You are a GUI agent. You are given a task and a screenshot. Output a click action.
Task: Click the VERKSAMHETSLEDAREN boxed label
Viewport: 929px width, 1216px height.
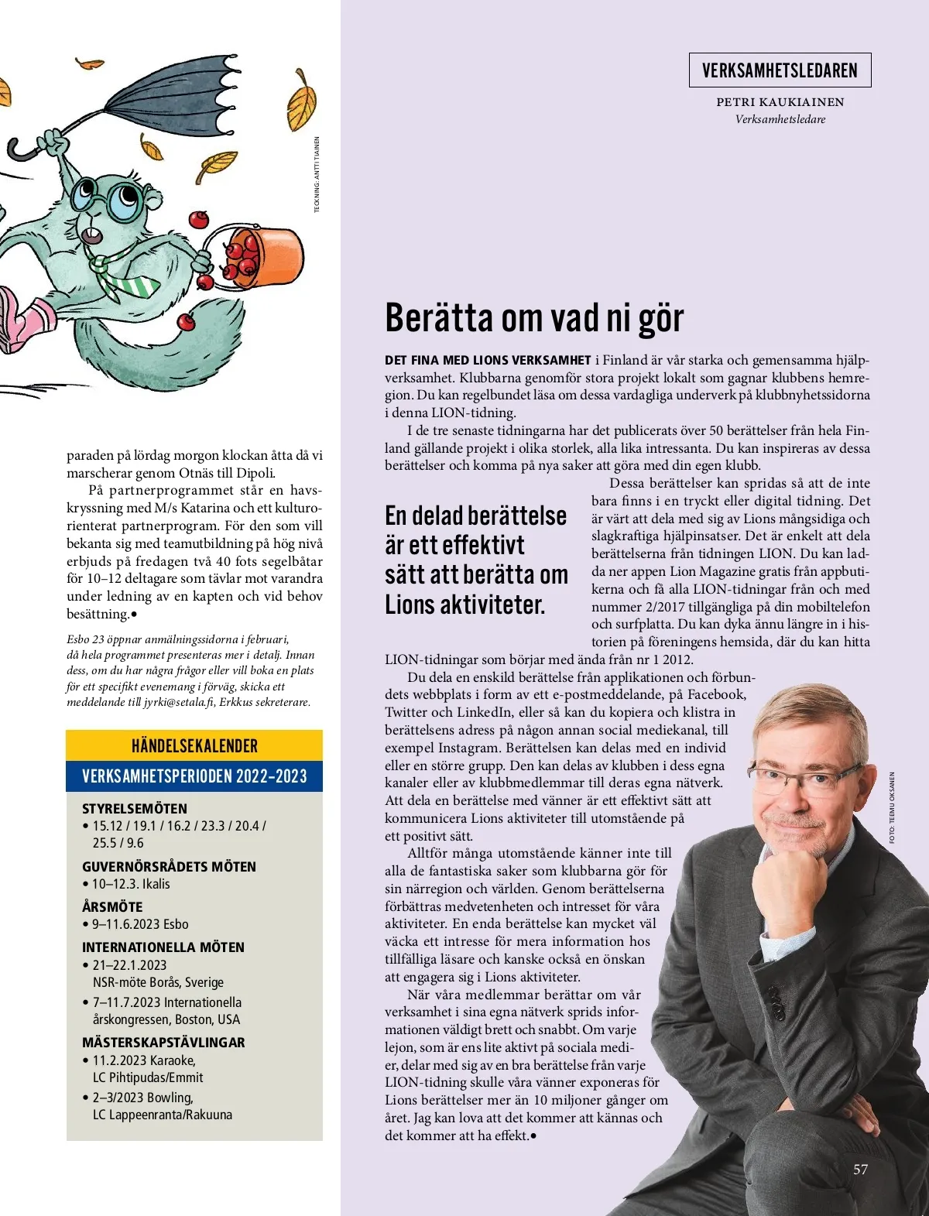(780, 70)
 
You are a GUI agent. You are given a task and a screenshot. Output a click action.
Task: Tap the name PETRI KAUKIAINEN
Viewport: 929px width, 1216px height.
(780, 101)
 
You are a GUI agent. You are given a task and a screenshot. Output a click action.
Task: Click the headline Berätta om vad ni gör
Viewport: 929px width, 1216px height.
(534, 317)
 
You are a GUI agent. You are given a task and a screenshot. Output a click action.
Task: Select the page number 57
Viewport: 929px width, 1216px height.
(860, 1169)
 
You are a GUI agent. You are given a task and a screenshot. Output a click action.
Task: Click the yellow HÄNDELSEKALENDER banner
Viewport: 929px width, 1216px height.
(194, 745)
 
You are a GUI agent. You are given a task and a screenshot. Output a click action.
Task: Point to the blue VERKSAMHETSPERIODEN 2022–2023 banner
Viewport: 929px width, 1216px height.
(194, 776)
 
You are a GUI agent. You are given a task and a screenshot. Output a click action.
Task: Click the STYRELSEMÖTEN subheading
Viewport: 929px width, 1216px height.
(135, 808)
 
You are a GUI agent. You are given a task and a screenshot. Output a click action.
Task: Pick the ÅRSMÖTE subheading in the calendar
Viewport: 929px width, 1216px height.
(112, 906)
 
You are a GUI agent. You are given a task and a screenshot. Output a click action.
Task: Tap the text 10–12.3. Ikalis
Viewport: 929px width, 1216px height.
(131, 884)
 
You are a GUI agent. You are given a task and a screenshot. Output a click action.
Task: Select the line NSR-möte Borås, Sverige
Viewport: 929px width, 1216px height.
(158, 982)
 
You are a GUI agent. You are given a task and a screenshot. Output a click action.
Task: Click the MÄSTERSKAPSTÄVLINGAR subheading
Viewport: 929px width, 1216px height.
(163, 1042)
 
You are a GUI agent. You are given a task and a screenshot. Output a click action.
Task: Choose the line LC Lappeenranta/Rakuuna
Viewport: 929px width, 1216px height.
(163, 1115)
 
